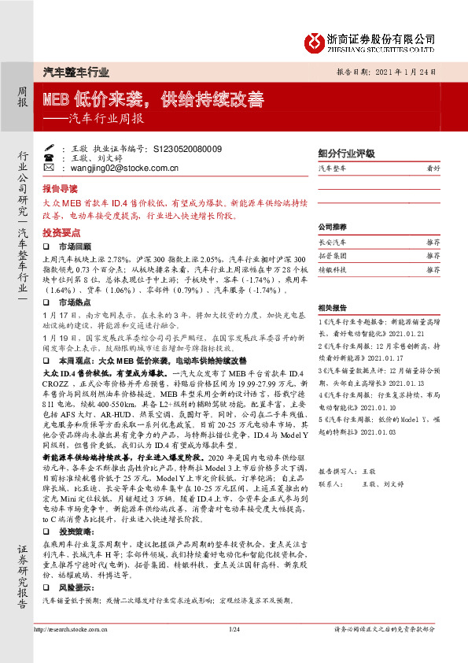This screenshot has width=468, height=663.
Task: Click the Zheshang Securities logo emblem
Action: click(x=314, y=41)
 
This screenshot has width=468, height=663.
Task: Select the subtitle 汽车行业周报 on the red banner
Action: click(x=106, y=120)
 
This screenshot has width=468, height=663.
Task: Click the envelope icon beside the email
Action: click(x=49, y=168)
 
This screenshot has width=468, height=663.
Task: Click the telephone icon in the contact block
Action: click(x=49, y=158)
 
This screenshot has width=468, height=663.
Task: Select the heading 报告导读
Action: click(x=60, y=190)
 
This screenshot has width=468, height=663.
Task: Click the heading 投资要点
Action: click(x=60, y=233)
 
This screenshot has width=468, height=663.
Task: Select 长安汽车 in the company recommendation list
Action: click(x=332, y=242)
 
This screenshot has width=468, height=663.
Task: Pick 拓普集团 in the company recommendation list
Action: click(x=332, y=255)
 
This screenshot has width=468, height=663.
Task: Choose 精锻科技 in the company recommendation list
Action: click(x=332, y=269)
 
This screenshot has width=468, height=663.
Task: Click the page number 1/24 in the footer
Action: click(x=234, y=629)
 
